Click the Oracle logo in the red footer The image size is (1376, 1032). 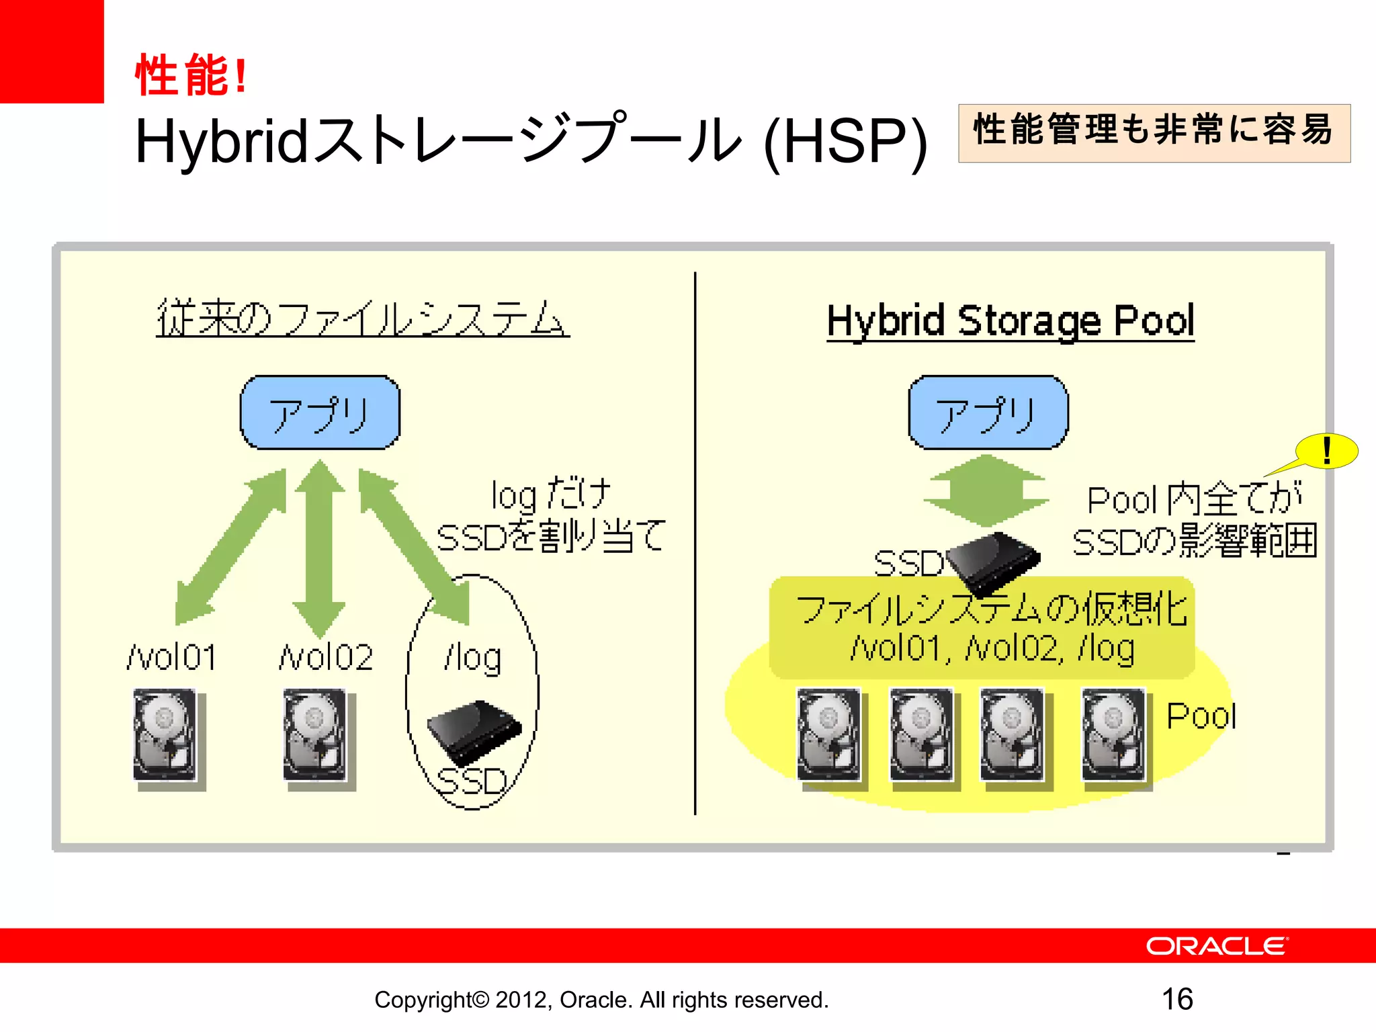click(1217, 946)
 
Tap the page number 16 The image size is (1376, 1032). click(1177, 999)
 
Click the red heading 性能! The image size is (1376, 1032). click(191, 75)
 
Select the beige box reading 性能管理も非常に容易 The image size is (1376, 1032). click(1154, 132)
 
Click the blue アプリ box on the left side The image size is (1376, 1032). click(320, 413)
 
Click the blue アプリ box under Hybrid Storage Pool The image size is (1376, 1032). click(988, 413)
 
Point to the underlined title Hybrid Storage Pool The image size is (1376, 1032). click(1010, 320)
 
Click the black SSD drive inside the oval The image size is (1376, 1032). click(474, 731)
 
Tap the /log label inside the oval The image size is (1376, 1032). click(472, 658)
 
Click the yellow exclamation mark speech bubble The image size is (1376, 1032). click(1326, 451)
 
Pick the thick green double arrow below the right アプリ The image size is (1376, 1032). click(986, 491)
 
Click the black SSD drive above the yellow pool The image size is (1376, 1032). click(993, 561)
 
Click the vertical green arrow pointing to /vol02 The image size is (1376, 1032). click(320, 548)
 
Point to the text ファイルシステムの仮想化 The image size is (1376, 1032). click(992, 609)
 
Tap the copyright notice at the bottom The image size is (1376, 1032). click(601, 1000)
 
